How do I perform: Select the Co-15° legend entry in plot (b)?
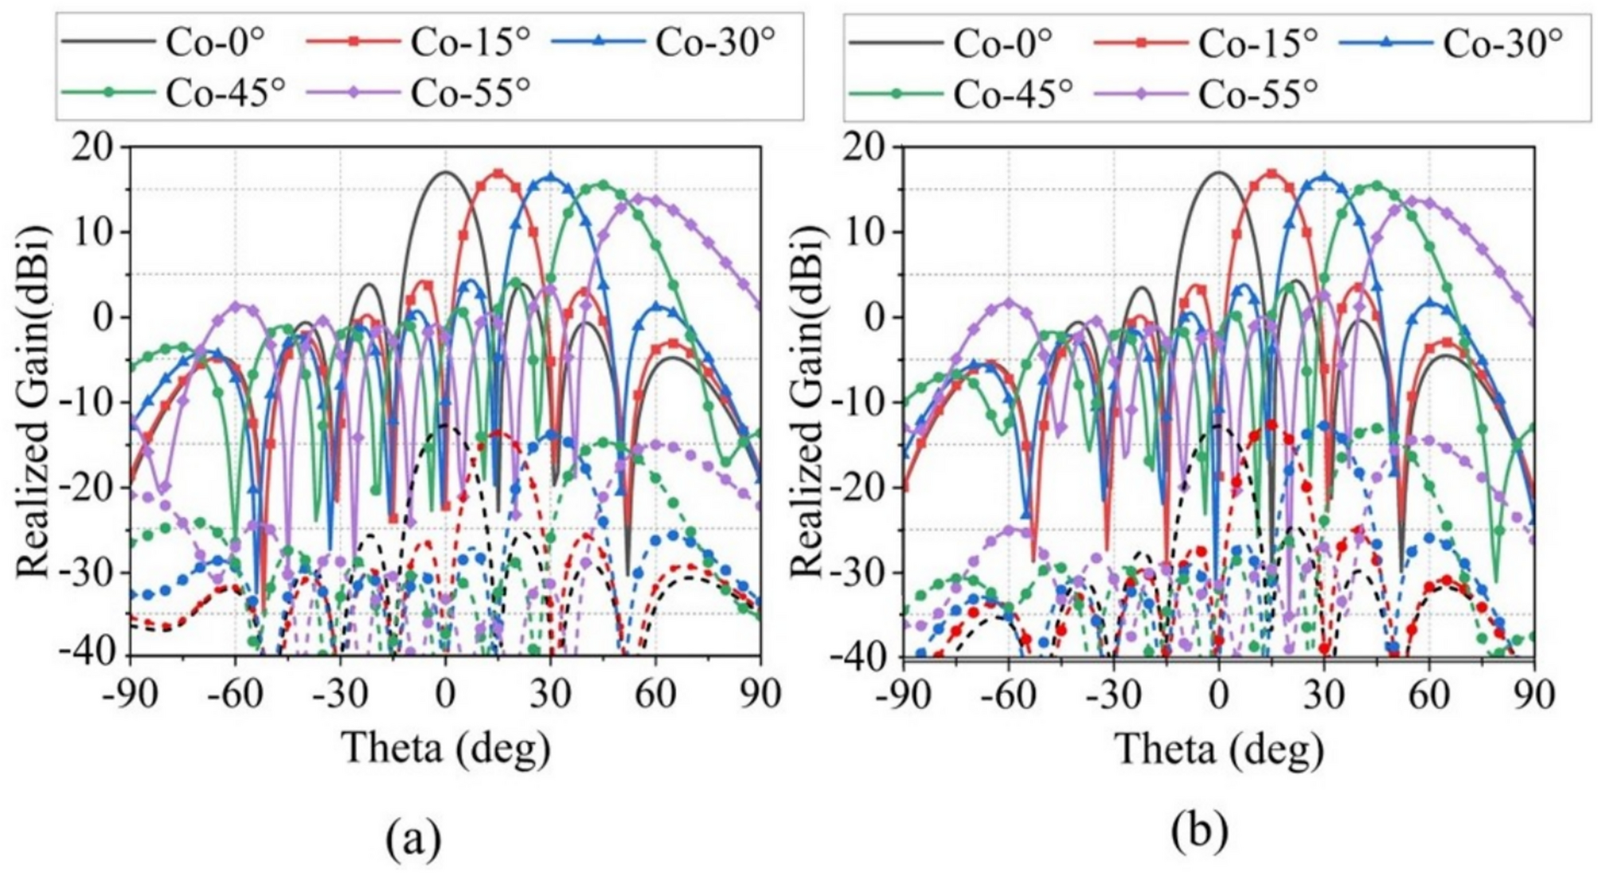click(x=1204, y=41)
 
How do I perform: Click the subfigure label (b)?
click(x=1199, y=831)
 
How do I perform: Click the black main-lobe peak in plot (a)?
click(x=445, y=172)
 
